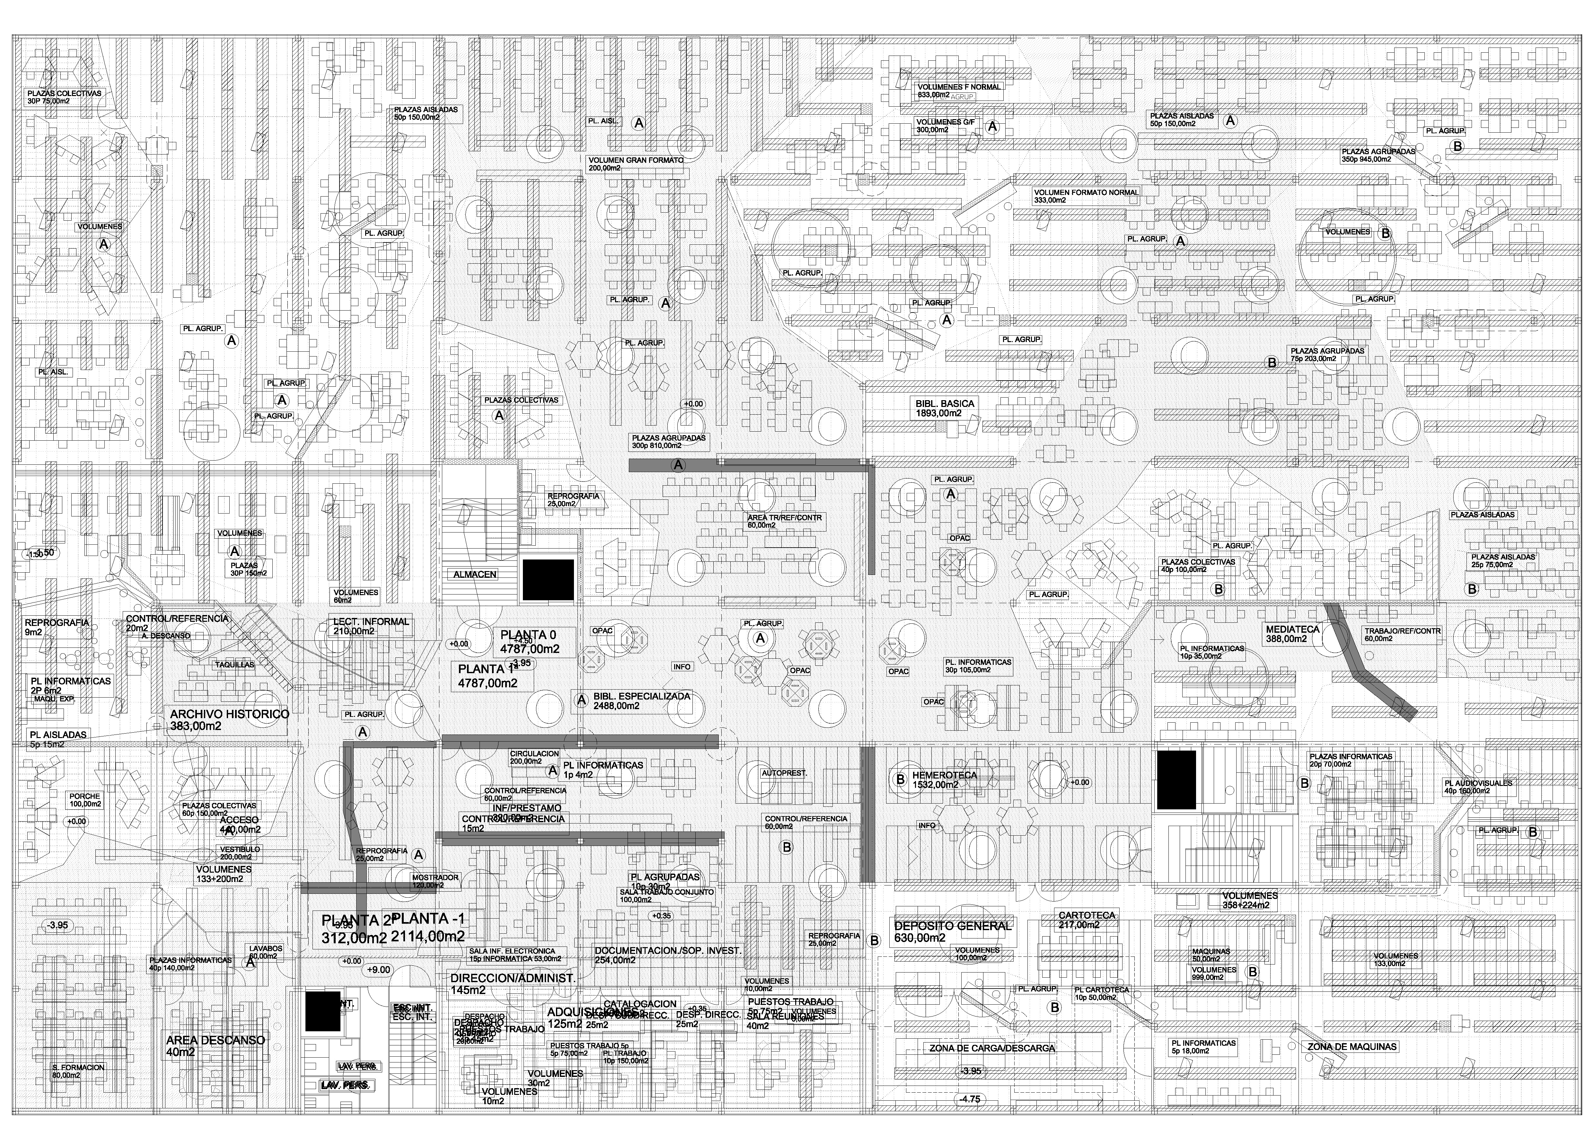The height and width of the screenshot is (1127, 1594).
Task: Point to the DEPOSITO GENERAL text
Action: [x=953, y=926]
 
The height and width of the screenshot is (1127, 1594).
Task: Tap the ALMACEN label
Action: [x=475, y=574]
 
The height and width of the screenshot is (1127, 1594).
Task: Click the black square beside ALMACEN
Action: [x=548, y=579]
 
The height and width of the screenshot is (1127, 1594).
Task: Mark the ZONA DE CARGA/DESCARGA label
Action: [x=991, y=1049]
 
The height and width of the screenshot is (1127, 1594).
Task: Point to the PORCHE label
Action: [x=85, y=797]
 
